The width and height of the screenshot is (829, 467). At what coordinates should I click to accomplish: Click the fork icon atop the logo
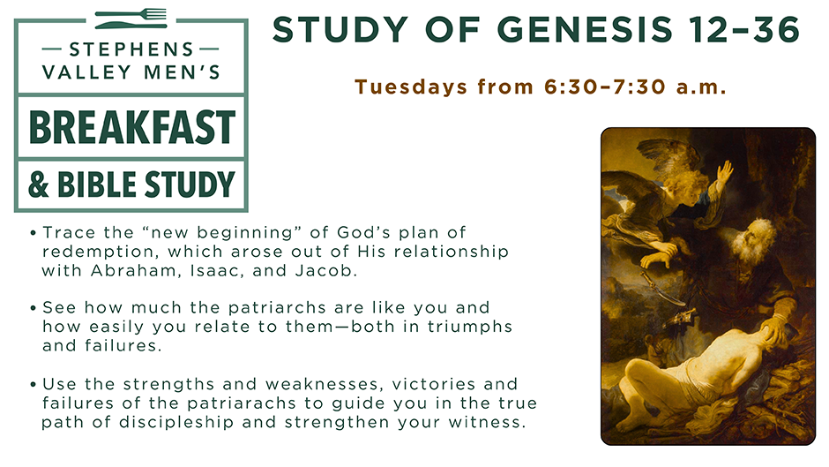[x=131, y=13]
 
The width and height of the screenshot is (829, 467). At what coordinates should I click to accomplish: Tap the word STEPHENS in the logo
[x=131, y=49]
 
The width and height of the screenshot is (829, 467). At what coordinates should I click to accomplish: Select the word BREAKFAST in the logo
[x=131, y=128]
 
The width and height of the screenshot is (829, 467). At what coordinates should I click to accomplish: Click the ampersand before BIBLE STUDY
[x=38, y=185]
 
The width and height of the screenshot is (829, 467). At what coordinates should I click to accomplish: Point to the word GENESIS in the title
[x=586, y=29]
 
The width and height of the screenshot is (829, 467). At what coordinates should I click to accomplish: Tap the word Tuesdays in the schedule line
[x=411, y=87]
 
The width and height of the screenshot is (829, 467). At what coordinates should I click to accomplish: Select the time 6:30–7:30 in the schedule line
[x=604, y=87]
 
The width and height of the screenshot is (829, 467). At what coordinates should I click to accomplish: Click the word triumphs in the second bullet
[x=470, y=328]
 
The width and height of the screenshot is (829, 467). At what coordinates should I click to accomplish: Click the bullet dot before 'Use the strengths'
[x=34, y=385]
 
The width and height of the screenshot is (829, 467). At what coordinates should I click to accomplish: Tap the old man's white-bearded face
[x=753, y=239]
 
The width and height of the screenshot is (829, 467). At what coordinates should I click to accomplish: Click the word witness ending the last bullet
[x=486, y=423]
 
